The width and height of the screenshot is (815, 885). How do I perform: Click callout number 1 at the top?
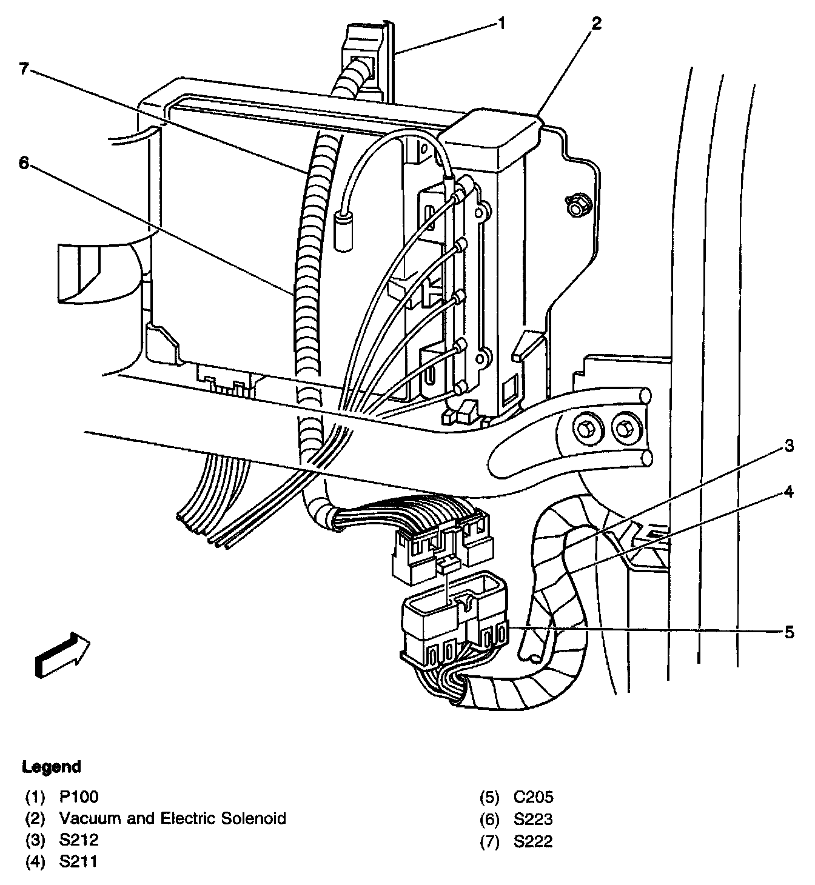pos(501,24)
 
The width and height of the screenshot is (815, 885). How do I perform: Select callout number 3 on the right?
pos(788,447)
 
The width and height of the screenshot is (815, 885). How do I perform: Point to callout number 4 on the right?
pos(788,491)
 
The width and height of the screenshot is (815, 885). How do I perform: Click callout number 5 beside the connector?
pos(788,632)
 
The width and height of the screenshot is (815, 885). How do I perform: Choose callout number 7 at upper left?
pos(24,68)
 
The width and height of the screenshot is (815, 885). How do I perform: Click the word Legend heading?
pos(52,767)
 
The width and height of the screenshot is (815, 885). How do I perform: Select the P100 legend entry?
pos(79,797)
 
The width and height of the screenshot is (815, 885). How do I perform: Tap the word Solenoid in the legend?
pos(255,818)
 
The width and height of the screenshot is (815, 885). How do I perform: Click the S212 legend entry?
pos(79,840)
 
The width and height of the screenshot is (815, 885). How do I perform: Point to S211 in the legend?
pos(78,861)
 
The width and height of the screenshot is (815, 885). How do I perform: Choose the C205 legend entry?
pos(533,797)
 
